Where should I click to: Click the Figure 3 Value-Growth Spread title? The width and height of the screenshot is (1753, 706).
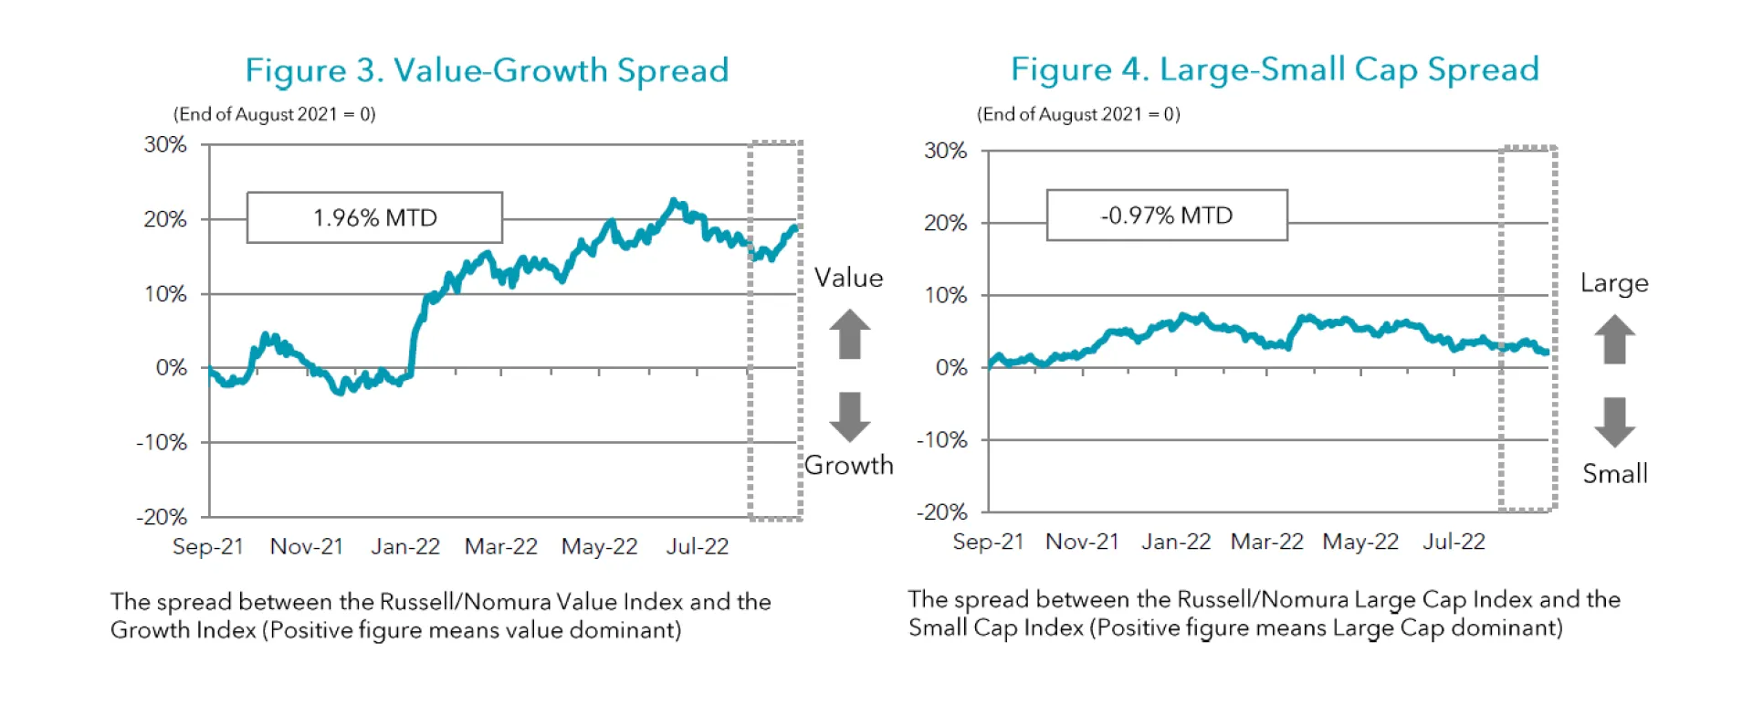487,70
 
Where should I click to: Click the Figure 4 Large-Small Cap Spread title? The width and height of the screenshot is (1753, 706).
1275,69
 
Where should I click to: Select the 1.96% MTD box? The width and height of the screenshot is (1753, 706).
374,217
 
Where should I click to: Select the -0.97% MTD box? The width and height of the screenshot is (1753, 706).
1167,216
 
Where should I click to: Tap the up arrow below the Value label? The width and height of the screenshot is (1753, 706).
850,334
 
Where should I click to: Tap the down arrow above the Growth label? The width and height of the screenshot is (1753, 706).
850,416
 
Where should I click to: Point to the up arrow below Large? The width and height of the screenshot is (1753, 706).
1614,339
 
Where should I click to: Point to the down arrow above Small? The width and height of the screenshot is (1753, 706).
1614,422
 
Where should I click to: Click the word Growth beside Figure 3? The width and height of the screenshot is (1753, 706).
848,465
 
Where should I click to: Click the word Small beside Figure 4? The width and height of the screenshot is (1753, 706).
1614,474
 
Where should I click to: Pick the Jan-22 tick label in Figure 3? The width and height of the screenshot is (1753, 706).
405,546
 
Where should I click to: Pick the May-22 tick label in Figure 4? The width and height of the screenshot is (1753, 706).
1360,542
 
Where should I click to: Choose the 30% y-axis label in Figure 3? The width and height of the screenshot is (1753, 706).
165,144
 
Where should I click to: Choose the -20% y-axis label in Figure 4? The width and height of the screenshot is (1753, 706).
942,512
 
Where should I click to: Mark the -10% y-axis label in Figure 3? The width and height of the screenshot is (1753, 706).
162,443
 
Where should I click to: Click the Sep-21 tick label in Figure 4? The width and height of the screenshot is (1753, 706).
988,542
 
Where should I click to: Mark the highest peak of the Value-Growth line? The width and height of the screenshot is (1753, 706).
674,201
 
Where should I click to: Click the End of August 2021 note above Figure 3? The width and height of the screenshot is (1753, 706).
275,114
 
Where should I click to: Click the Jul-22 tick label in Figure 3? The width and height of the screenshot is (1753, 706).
698,546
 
